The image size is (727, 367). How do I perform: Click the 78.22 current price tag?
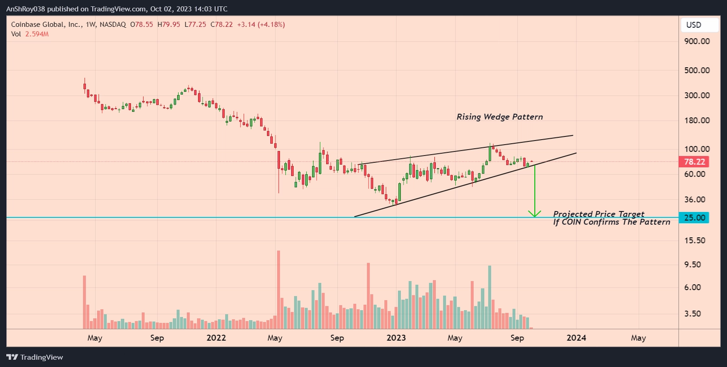pyautogui.click(x=694, y=162)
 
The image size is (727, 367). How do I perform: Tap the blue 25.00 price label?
pyautogui.click(x=694, y=218)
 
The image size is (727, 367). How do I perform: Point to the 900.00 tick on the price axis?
pyautogui.click(x=697, y=41)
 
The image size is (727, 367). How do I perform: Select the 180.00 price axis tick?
pyautogui.click(x=697, y=121)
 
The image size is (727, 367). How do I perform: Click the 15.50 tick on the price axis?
pyautogui.click(x=695, y=241)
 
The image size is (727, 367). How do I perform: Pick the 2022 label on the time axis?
pyautogui.click(x=216, y=338)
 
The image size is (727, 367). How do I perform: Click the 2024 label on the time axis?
pyautogui.click(x=576, y=338)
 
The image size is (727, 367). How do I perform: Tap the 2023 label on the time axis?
pyautogui.click(x=396, y=338)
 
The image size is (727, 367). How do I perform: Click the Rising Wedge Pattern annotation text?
pyautogui.click(x=499, y=117)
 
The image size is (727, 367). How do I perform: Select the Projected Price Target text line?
pyautogui.click(x=598, y=214)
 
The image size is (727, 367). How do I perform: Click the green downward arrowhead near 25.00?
pyautogui.click(x=534, y=213)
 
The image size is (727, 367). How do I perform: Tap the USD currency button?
pyautogui.click(x=699, y=25)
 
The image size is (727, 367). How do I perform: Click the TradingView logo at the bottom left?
pyautogui.click(x=35, y=357)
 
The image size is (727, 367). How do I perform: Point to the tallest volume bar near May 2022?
pyautogui.click(x=279, y=289)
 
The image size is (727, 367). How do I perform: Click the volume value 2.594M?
pyautogui.click(x=37, y=34)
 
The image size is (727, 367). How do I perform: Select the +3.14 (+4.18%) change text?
pyautogui.click(x=261, y=25)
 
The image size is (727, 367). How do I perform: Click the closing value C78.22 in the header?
pyautogui.click(x=221, y=25)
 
